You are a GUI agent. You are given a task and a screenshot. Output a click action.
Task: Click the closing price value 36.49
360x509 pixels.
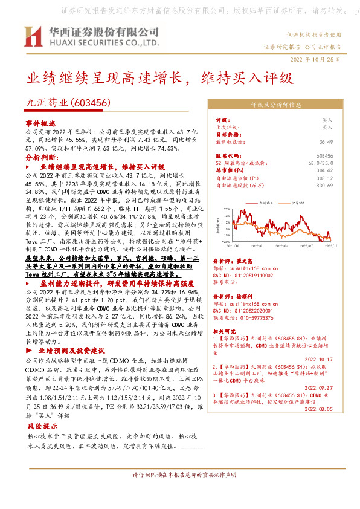(x=326, y=141)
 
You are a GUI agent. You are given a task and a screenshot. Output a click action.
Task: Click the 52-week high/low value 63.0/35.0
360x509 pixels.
(x=320, y=164)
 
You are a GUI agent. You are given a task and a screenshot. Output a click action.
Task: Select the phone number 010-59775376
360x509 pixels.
(x=255, y=316)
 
